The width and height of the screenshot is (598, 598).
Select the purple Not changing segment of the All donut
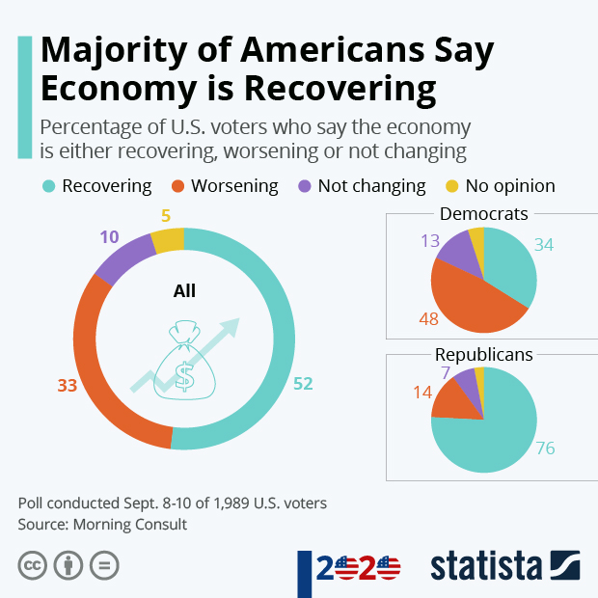point(122,258)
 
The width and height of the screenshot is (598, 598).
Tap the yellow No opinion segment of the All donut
point(168,239)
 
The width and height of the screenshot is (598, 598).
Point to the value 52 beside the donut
point(303,384)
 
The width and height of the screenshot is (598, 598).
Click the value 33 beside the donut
point(67,386)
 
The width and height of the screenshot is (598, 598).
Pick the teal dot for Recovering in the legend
point(48,186)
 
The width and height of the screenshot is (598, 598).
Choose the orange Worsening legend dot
point(177,186)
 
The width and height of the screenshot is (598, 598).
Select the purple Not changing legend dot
point(304,186)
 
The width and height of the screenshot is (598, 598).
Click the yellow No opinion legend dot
point(451,186)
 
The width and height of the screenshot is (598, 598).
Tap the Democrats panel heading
point(483,214)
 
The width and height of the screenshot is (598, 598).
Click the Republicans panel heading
point(483,355)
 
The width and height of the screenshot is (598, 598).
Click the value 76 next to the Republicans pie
point(545,448)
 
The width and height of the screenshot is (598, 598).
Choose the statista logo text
point(486,566)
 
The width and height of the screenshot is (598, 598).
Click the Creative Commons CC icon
point(33,565)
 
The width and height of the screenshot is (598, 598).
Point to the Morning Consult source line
point(102,525)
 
